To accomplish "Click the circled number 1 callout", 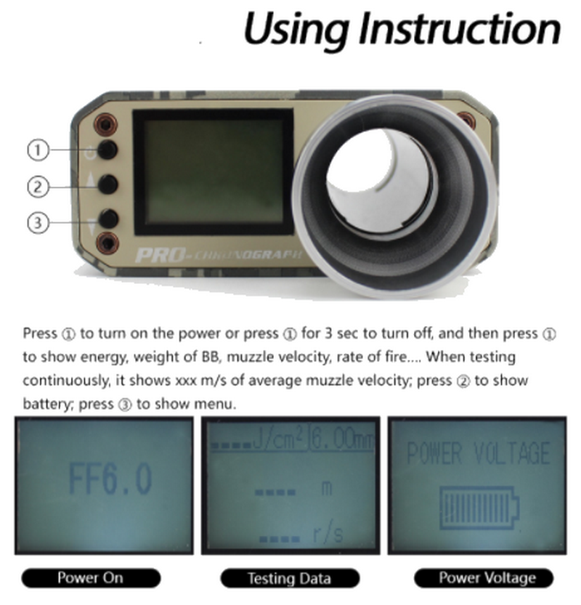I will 38,150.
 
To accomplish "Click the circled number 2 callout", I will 38,187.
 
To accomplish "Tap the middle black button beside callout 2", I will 108,184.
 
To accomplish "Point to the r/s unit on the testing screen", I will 328,536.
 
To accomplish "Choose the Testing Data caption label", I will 289,578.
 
